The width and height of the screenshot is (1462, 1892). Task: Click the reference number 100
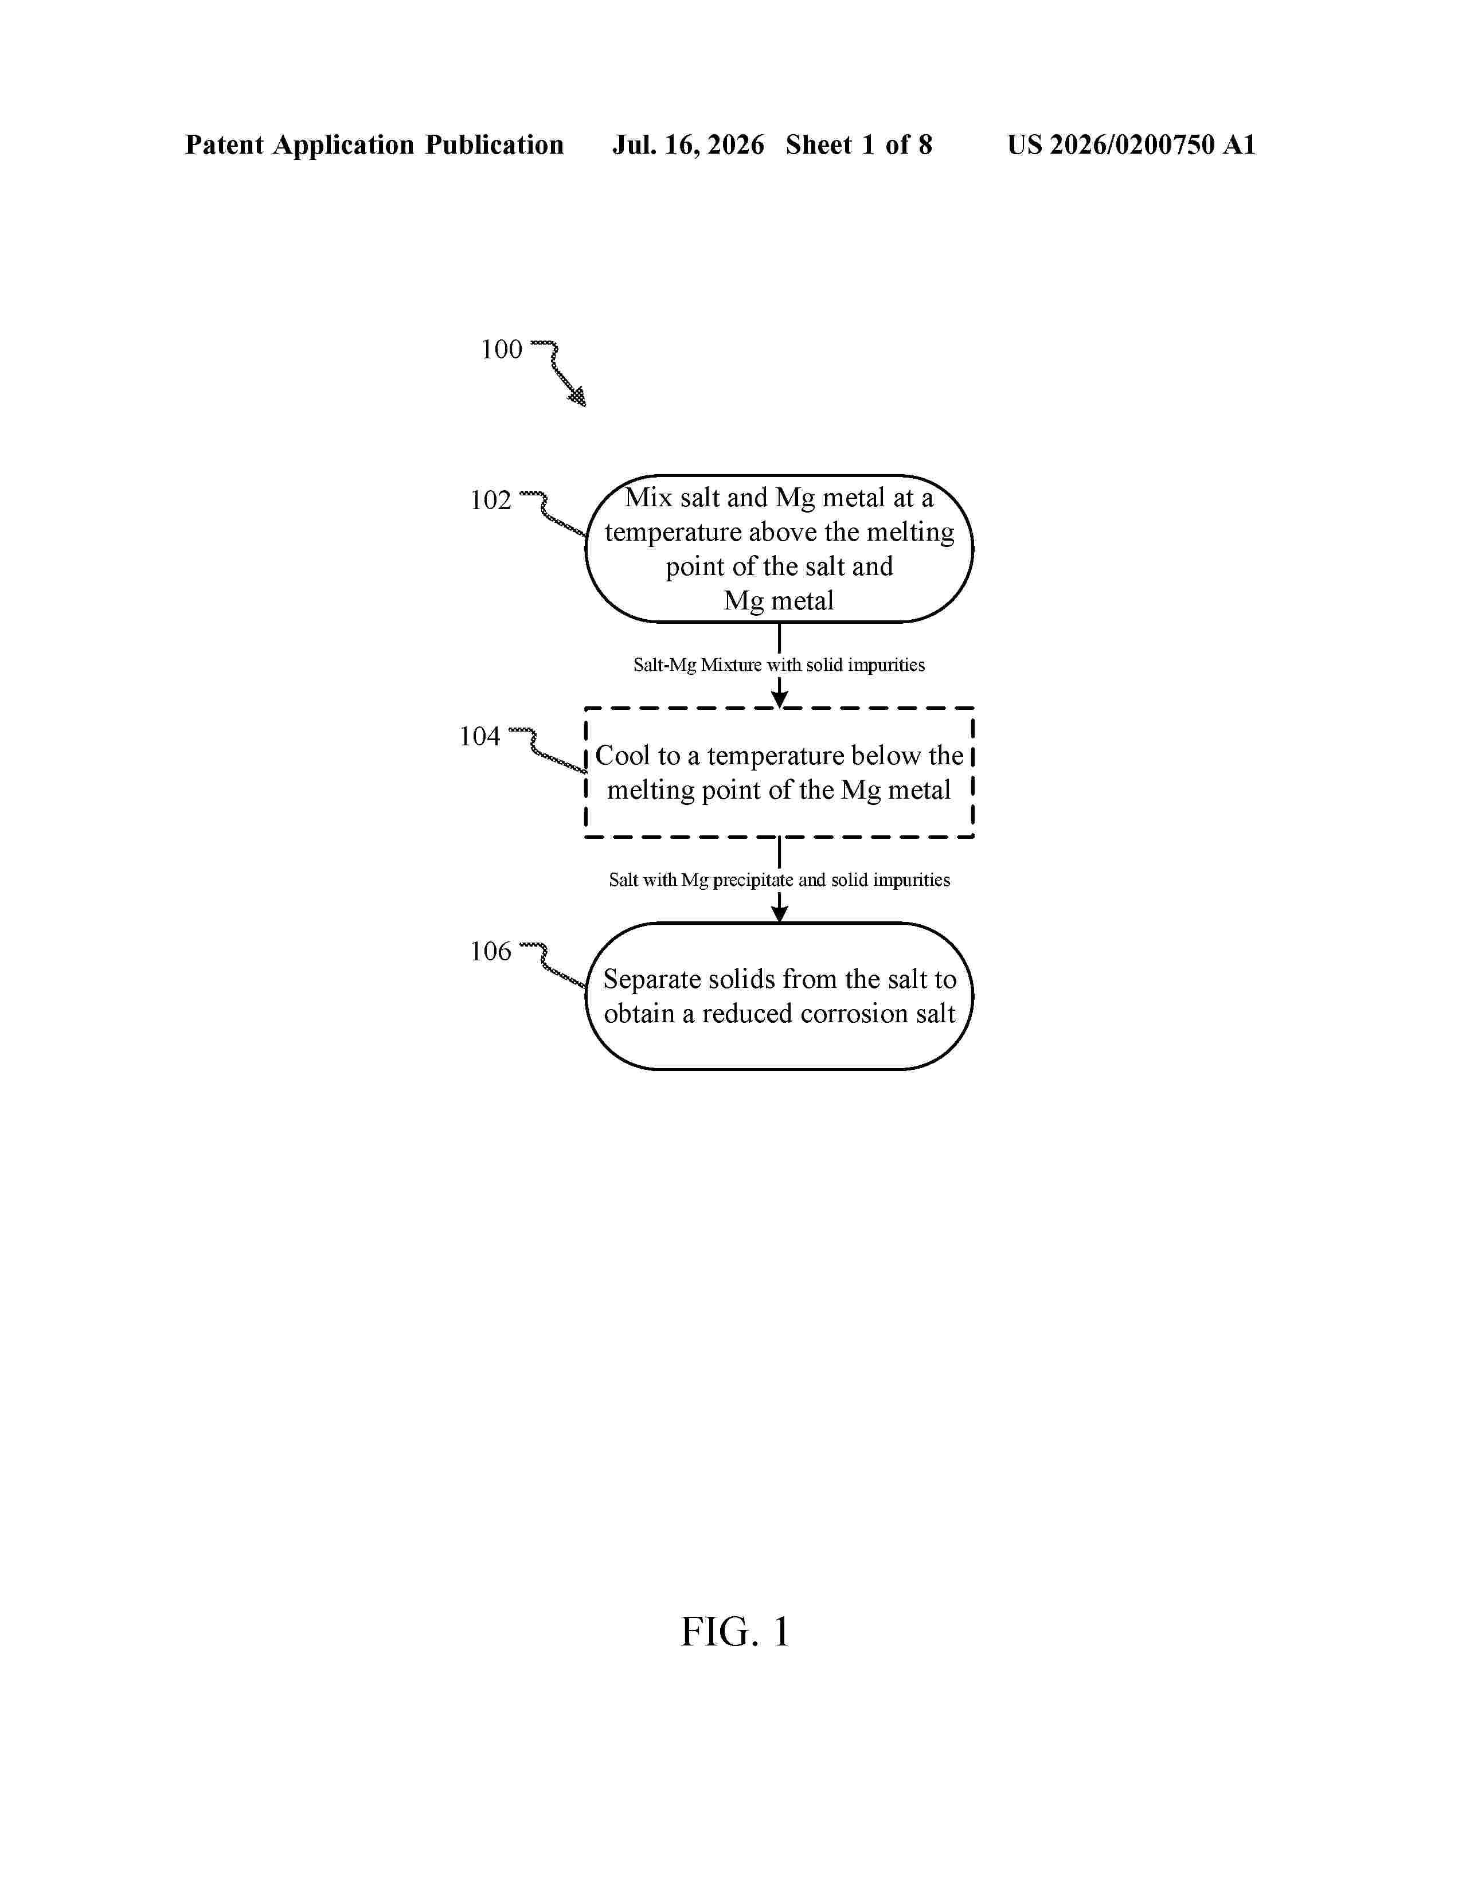point(502,349)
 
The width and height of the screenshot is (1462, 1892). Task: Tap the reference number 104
point(480,736)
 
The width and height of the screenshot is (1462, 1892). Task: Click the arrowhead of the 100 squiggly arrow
point(577,397)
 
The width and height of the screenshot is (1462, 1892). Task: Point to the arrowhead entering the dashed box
point(780,698)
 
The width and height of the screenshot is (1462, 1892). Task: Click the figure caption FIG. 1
point(736,1632)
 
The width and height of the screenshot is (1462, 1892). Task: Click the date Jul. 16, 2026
point(689,144)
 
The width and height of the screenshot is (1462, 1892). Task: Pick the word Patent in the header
point(224,144)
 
